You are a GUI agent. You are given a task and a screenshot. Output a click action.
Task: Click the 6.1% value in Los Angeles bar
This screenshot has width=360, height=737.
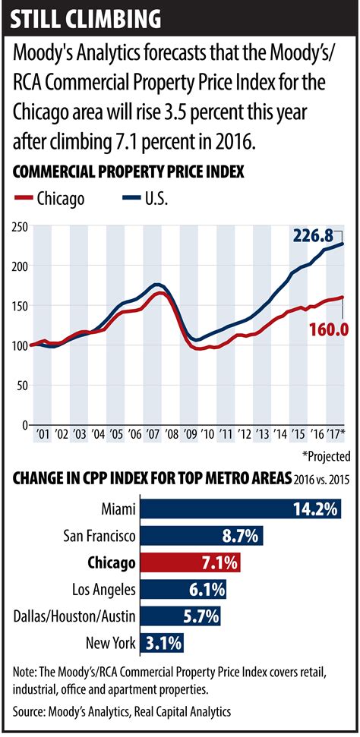[207, 589]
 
